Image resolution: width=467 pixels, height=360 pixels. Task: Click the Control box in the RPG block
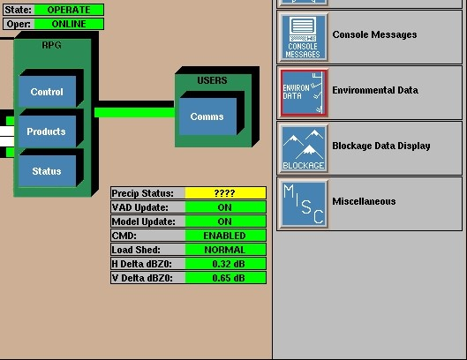pos(47,92)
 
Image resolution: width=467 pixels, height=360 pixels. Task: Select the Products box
pos(47,131)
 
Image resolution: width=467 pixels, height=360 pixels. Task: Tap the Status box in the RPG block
pos(47,171)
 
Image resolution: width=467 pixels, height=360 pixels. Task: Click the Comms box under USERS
pos(207,116)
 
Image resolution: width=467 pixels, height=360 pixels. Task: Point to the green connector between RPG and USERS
pos(134,113)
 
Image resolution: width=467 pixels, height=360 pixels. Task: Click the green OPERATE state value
pos(69,10)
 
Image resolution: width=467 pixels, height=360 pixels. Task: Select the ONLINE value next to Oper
pos(69,24)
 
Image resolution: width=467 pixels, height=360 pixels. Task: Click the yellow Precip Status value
pos(225,193)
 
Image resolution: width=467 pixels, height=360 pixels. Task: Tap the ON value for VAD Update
pos(225,207)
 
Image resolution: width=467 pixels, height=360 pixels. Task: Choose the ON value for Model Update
pos(225,221)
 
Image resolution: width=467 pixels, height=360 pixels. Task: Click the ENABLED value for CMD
pos(225,236)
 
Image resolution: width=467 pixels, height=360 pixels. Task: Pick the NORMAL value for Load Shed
pos(225,250)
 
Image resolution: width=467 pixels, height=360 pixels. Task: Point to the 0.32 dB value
pos(225,264)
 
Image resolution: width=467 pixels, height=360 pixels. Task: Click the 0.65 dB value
pos(225,278)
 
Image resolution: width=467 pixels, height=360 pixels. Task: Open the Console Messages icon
pos(304,37)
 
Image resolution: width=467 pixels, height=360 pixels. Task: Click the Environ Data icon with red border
pos(304,93)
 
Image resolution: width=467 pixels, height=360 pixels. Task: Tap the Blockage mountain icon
pos(304,148)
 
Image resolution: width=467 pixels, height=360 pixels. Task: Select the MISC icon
pos(304,204)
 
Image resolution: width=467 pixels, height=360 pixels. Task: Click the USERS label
pos(212,80)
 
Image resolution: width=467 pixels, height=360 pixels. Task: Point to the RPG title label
pos(51,45)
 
